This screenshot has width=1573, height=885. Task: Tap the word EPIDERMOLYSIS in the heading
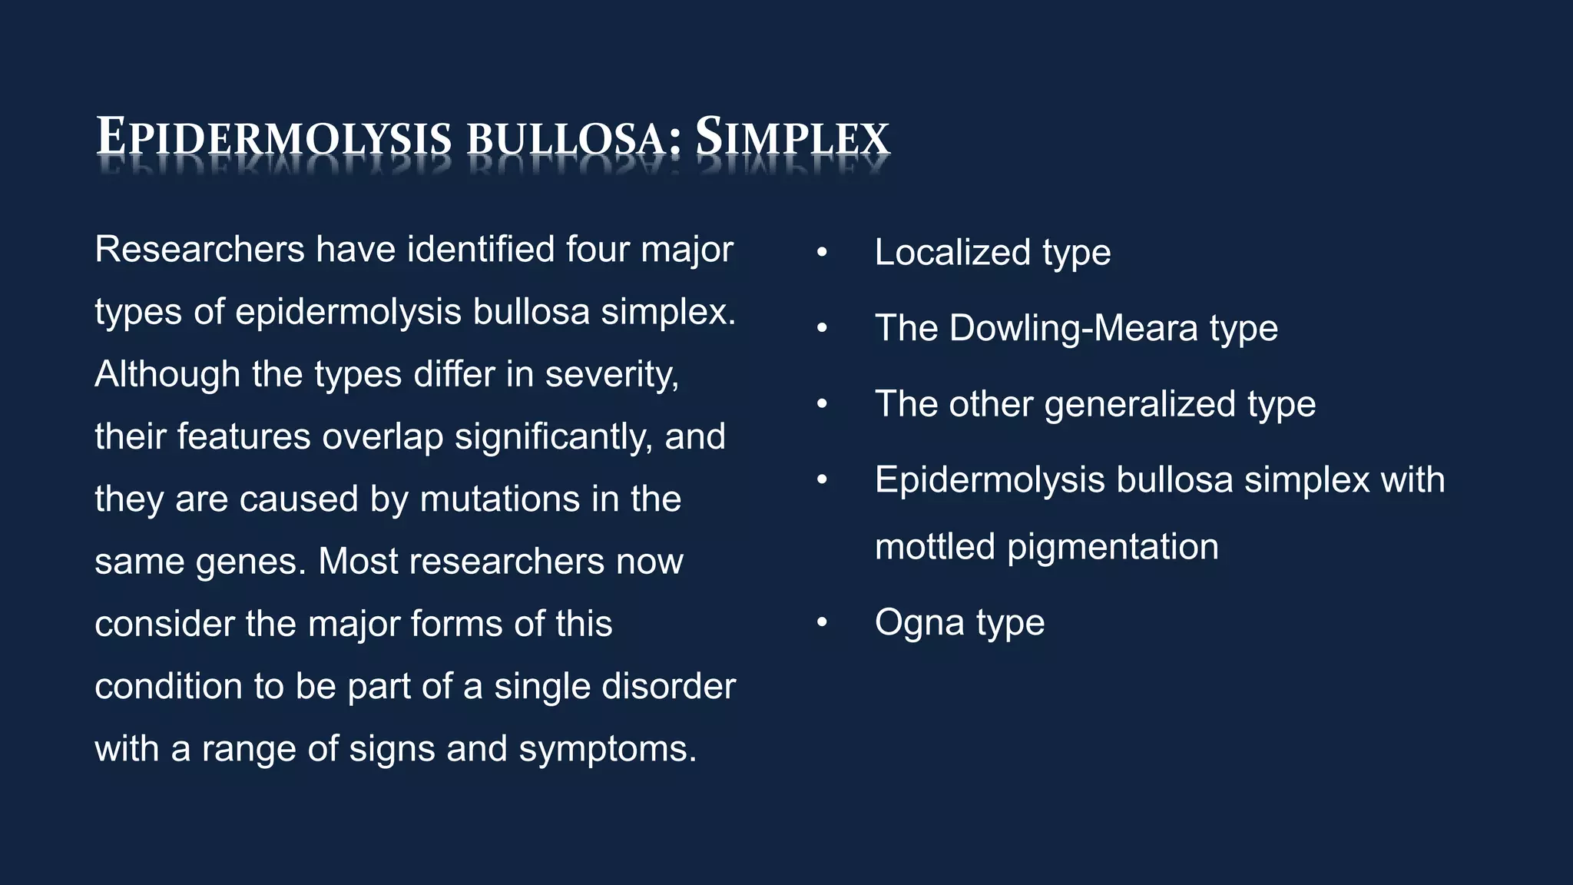(274, 138)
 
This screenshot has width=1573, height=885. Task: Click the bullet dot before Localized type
(822, 253)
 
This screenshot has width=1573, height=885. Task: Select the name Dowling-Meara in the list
(1073, 329)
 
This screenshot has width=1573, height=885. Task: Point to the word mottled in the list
(935, 547)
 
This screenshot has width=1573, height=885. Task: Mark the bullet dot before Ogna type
(822, 623)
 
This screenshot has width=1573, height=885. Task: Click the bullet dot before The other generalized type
(822, 404)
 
